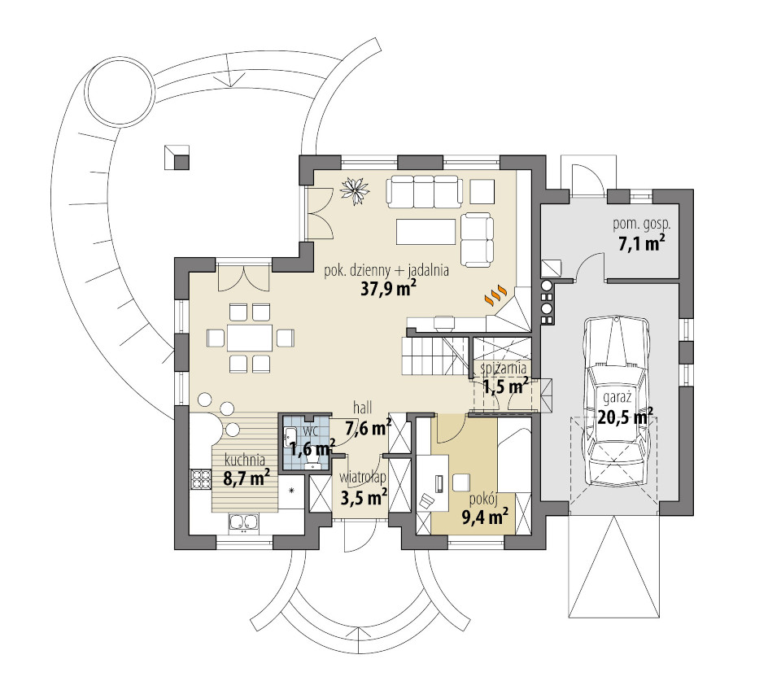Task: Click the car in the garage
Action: pyautogui.click(x=616, y=402)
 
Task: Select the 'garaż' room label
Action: pyautogui.click(x=617, y=397)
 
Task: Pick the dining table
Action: pyautogui.click(x=250, y=338)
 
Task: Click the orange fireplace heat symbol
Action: pyautogui.click(x=495, y=295)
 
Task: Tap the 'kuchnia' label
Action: pyautogui.click(x=244, y=460)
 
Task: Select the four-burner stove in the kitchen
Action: pyautogui.click(x=200, y=479)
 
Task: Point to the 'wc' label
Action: pyautogui.click(x=309, y=431)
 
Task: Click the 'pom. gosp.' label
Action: pyautogui.click(x=642, y=225)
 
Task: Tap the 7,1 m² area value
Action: pyautogui.click(x=642, y=243)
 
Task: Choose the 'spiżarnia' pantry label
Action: pyautogui.click(x=503, y=368)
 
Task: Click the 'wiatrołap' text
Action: pyautogui.click(x=363, y=478)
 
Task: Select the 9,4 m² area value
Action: pyautogui.click(x=485, y=516)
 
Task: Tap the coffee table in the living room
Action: pyautogui.click(x=425, y=232)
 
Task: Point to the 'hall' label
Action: pyautogui.click(x=363, y=407)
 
